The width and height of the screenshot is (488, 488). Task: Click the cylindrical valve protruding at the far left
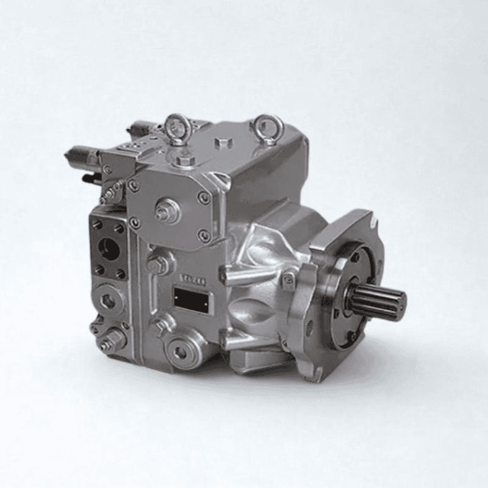tap(79, 155)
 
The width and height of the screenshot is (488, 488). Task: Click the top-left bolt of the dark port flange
tap(97, 225)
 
